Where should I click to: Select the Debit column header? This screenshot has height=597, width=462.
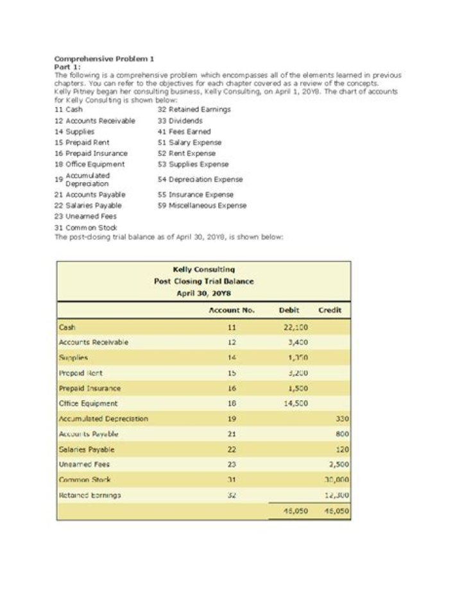290,309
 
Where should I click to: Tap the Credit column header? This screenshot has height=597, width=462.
330,309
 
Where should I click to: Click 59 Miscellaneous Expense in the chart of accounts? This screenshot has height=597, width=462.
202,205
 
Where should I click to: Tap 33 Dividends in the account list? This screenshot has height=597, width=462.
180,121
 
